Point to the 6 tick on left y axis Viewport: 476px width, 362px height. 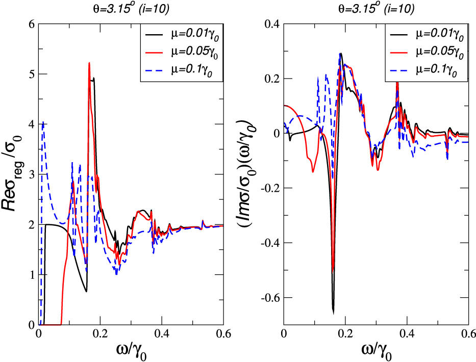pos(31,24)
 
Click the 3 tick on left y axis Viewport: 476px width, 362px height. pos(31,174)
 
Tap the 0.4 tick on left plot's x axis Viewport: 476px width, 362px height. pos(162,335)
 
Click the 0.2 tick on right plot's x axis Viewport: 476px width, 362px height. pos(345,335)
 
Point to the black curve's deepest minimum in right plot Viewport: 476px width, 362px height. pos(333,312)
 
